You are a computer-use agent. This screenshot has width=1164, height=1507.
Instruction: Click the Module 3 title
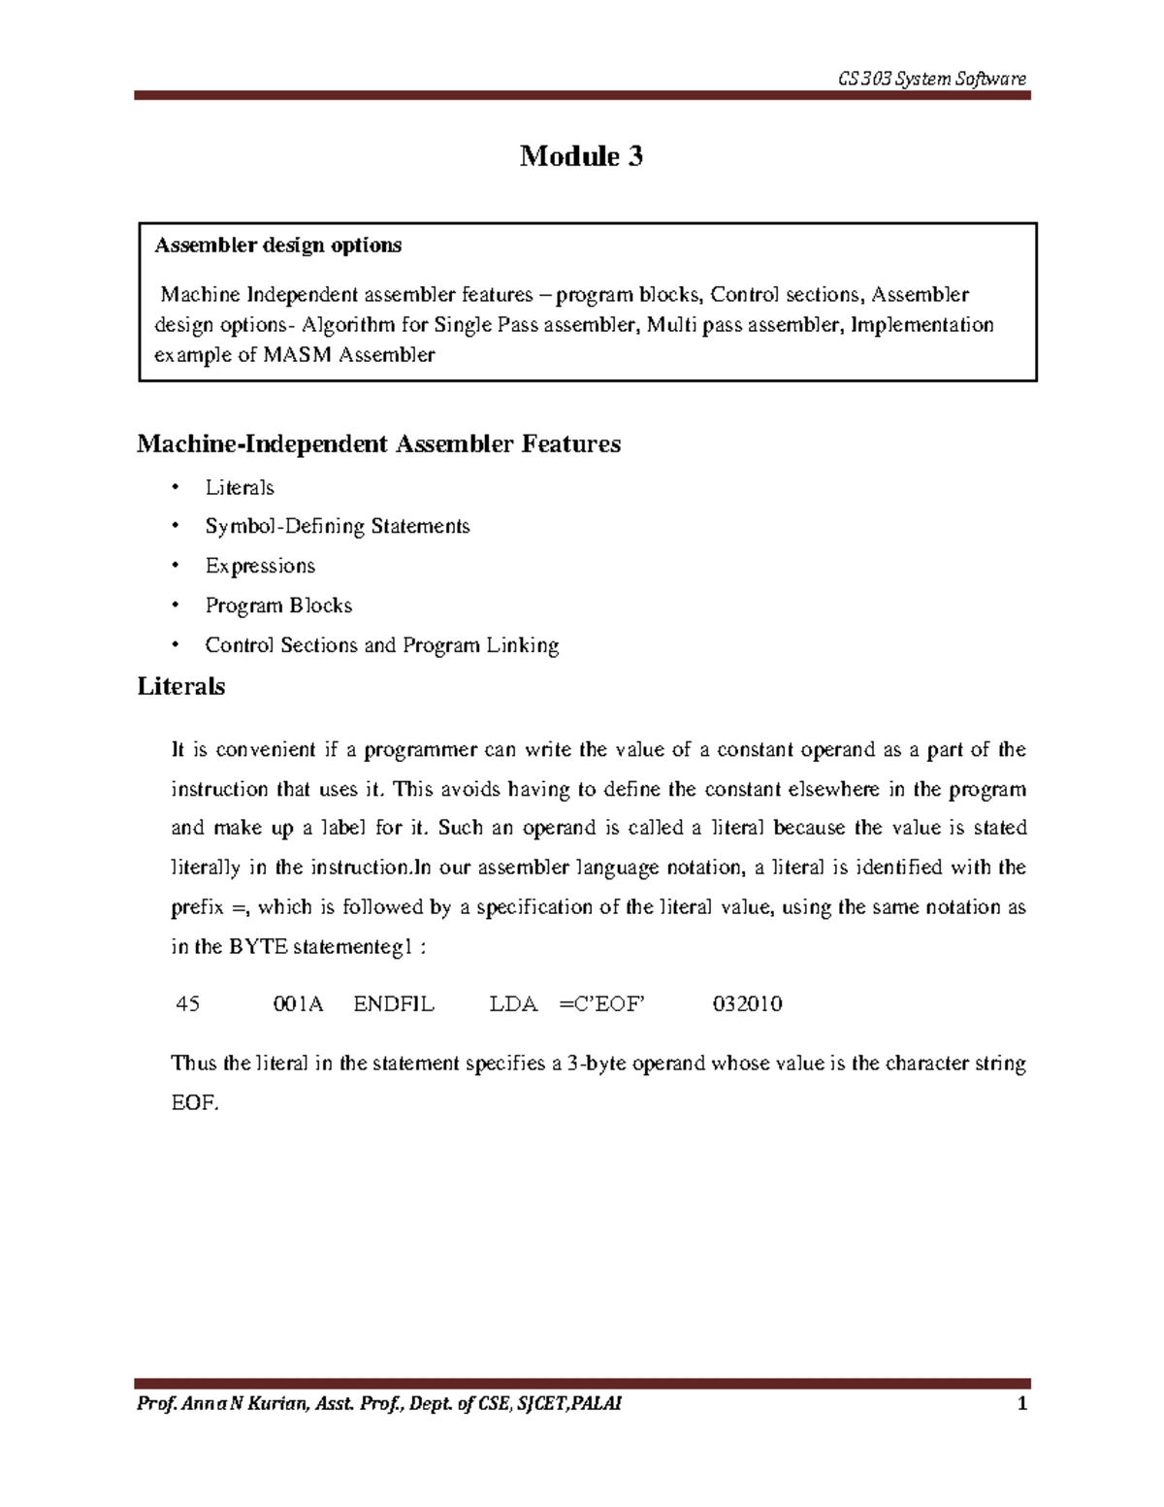(581, 156)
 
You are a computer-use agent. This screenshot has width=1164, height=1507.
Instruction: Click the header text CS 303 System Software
(931, 79)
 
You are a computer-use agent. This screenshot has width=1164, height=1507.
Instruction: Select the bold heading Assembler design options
(278, 246)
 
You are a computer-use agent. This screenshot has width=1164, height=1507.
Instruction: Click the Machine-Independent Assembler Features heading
(378, 444)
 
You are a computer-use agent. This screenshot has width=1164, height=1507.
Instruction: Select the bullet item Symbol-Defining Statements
(337, 526)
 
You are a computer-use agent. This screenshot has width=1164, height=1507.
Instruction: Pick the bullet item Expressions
(260, 566)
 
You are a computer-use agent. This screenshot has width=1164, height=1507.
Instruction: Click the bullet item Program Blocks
(278, 606)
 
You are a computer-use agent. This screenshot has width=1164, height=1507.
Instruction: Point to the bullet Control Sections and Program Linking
(381, 645)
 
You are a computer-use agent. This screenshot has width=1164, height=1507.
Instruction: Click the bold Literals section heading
(181, 687)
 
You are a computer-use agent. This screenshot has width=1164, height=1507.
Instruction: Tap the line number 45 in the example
(187, 1004)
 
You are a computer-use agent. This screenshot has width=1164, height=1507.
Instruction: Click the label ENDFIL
(394, 1004)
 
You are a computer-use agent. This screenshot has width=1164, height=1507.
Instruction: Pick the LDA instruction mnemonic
(513, 1004)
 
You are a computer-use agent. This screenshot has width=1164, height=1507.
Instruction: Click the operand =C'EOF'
(602, 1004)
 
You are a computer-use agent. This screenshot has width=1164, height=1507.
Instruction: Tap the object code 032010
(747, 1004)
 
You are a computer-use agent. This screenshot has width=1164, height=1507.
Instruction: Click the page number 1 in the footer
(1021, 1404)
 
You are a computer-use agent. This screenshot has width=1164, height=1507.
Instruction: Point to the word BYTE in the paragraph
(257, 947)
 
